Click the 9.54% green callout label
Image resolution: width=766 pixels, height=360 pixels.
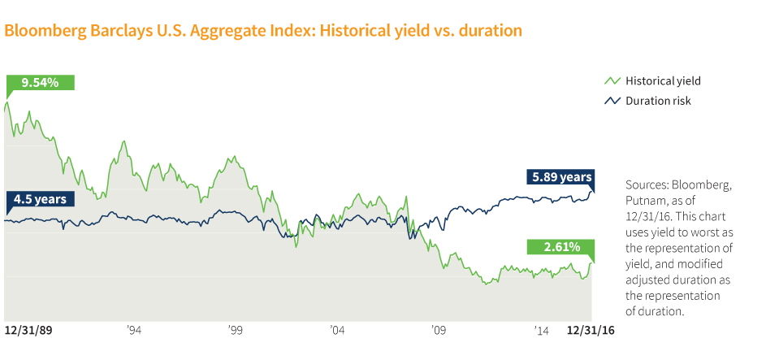[40, 82]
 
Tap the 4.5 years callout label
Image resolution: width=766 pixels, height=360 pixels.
[41, 199]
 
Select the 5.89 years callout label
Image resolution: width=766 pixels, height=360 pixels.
[560, 176]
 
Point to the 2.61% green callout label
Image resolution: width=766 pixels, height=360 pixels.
[560, 246]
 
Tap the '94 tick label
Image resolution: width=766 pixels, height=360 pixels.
[134, 331]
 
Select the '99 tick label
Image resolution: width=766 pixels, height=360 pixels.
[236, 331]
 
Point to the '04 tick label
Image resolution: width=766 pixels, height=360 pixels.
[337, 331]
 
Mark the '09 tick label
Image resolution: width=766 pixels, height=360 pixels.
[439, 331]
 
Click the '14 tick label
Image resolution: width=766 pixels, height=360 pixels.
[540, 331]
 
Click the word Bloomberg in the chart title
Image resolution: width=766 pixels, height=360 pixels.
[41, 31]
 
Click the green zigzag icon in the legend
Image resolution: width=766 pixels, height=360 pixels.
[612, 81]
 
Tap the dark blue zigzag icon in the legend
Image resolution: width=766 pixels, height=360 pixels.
[612, 101]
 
